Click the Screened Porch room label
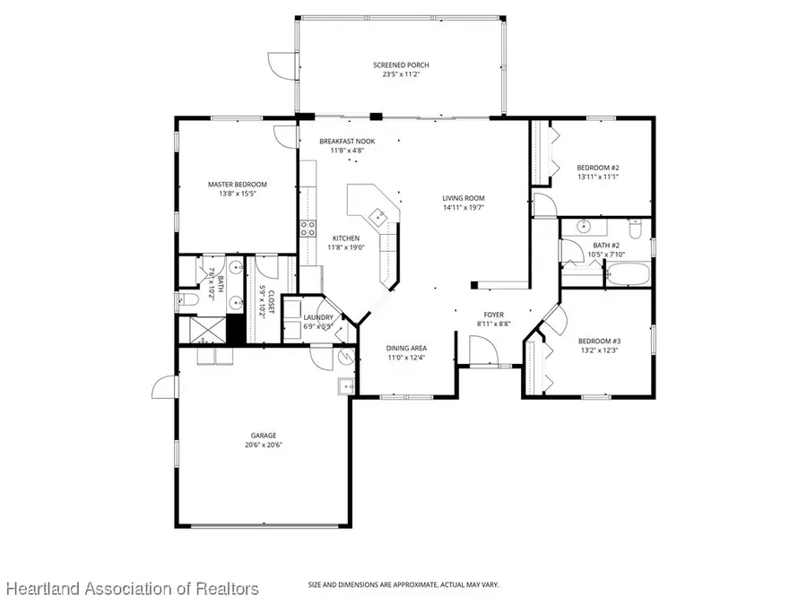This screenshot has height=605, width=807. coord(401,65)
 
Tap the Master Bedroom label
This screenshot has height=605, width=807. coord(238,185)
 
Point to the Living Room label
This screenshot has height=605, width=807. coord(463,198)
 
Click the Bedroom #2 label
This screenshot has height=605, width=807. coord(598,168)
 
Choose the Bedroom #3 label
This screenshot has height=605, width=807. coord(598,341)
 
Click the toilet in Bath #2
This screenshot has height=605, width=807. coord(636,231)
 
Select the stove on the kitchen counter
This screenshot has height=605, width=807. coord(307,228)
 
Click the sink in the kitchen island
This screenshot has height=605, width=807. coord(379,217)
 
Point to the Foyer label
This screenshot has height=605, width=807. coord(494,315)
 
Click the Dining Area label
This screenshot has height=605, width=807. coord(406,348)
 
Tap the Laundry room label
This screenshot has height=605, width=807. coord(319,317)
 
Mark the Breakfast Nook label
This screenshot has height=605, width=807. coord(347,142)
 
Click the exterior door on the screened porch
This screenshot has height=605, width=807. coord(280,65)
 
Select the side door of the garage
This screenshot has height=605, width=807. coord(162,387)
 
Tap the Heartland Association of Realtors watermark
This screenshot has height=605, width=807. coord(132,588)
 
